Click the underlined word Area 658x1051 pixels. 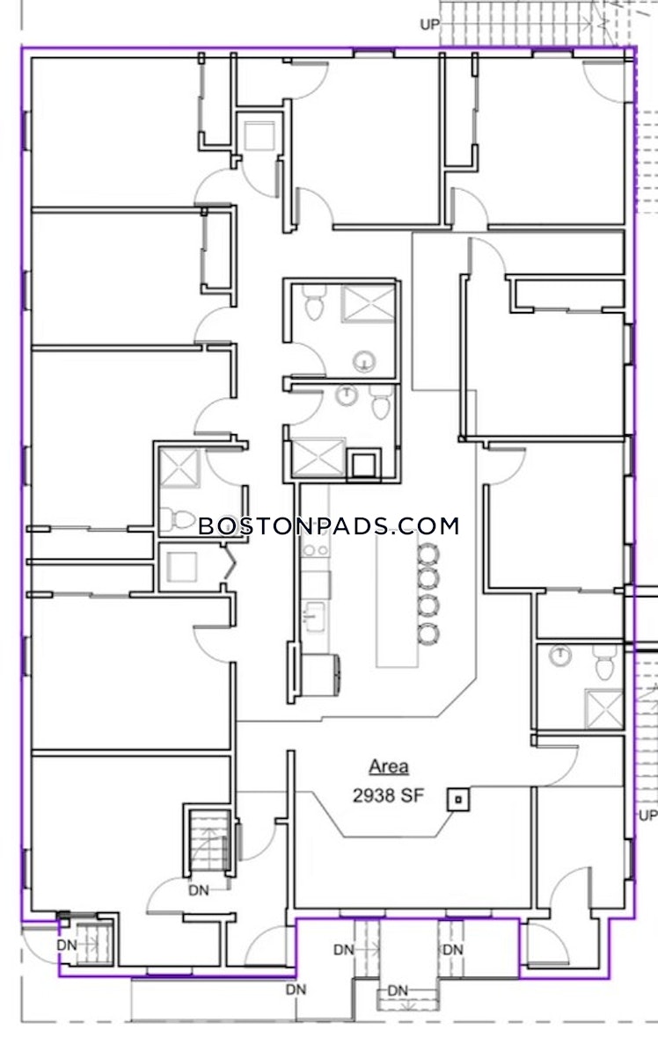point(388,766)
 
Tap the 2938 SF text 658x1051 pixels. point(388,795)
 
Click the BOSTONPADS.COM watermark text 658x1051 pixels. point(329,525)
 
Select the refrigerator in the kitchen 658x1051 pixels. point(321,675)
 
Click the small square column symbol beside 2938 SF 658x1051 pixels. point(459,800)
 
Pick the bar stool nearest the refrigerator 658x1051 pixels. point(428,633)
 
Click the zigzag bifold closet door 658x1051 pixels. point(230,563)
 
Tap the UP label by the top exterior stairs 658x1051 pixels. point(430,25)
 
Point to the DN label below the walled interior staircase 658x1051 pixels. point(199,890)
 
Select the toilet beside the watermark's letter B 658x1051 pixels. point(176,518)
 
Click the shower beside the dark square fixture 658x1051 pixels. point(318,458)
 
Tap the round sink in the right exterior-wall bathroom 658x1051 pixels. point(559,655)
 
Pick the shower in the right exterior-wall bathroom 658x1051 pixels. point(603,707)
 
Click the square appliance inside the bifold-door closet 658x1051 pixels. point(182,567)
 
